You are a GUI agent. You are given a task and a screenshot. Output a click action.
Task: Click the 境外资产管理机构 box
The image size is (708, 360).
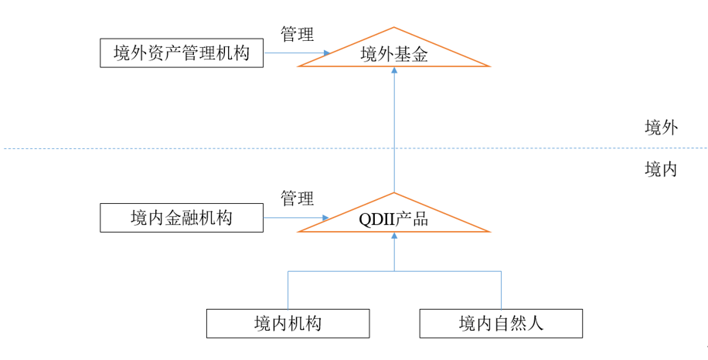[x=182, y=53]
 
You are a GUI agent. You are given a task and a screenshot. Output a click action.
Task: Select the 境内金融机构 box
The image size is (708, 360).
[x=182, y=218]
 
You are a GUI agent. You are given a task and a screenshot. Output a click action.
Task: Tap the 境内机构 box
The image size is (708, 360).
[x=288, y=323]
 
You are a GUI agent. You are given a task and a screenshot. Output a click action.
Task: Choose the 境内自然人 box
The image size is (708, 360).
[x=501, y=323]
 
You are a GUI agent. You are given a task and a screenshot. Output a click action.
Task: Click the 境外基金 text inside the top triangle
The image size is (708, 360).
[x=394, y=54]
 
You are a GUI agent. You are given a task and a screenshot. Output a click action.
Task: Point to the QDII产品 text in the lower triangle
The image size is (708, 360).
[x=394, y=219]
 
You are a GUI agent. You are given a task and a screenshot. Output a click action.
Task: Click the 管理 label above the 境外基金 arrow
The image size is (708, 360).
[x=297, y=34]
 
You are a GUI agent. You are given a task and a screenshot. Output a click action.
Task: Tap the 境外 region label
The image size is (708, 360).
[x=661, y=127]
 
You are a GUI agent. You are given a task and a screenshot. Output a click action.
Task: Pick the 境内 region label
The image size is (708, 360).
[x=661, y=169]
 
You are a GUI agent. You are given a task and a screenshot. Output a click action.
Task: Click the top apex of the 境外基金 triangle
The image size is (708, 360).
[x=394, y=29]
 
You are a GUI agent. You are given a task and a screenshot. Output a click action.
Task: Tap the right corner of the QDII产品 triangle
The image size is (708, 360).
[x=488, y=231]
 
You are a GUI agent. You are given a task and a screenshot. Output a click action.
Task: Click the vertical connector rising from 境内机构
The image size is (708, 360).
[x=288, y=290]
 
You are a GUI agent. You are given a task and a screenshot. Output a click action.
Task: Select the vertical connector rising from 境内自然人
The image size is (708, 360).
[x=501, y=290]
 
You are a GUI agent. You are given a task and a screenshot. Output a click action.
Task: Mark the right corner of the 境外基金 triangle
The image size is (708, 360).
[x=488, y=66]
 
